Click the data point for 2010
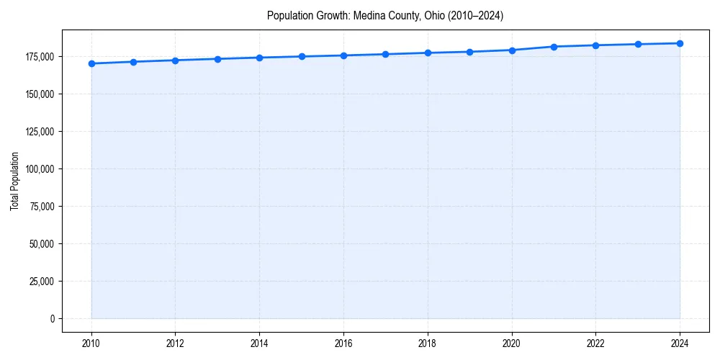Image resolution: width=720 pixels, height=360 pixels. click(91, 63)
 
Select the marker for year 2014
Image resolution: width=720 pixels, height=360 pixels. click(259, 58)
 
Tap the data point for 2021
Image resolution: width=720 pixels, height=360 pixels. click(554, 47)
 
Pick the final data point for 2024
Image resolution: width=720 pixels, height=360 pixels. click(680, 43)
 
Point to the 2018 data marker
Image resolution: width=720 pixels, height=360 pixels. click(428, 53)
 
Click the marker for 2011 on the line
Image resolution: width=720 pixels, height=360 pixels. click(133, 62)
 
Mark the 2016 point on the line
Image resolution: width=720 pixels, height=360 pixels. click(343, 55)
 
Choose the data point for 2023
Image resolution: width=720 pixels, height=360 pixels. click(638, 44)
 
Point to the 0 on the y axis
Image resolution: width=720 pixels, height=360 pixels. click(52, 319)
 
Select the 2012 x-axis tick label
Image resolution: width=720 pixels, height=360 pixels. click(175, 343)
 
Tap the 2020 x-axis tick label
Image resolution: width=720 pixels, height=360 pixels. click(512, 343)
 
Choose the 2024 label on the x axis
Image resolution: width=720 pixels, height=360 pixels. click(680, 343)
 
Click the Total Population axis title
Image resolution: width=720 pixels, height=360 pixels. click(14, 181)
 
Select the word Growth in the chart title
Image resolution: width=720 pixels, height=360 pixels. click(328, 15)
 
